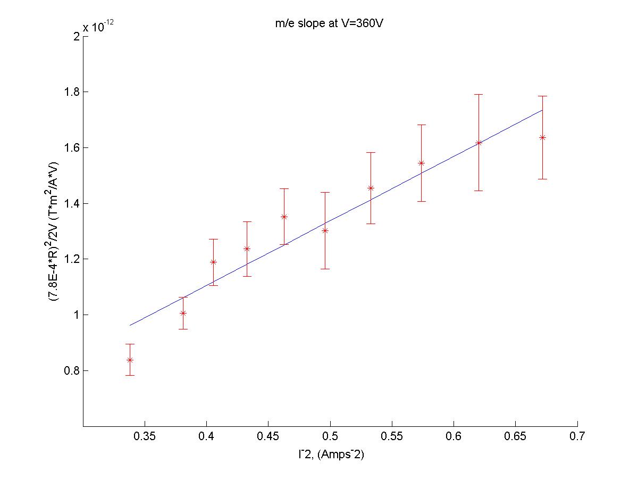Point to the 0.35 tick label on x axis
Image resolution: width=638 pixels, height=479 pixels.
[x=145, y=437]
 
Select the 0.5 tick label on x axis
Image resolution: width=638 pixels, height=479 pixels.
[x=330, y=437]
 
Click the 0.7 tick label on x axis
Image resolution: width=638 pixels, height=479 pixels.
[x=577, y=437]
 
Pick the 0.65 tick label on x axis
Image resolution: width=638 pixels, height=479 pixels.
[x=515, y=437]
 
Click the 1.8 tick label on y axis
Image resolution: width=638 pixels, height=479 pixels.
[x=70, y=92]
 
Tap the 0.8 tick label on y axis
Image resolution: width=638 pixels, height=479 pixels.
[x=70, y=371]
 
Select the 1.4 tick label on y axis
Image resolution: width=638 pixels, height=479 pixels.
[x=70, y=203]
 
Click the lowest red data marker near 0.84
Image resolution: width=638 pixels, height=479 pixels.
[x=130, y=360]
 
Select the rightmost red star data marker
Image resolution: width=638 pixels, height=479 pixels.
[x=542, y=137]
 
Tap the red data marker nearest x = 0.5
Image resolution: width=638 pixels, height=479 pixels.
[x=325, y=230]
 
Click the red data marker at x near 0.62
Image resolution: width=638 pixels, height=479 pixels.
[x=478, y=143]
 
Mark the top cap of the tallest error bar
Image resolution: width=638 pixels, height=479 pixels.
[x=478, y=94]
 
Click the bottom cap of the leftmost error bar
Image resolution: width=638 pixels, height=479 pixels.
[x=130, y=375]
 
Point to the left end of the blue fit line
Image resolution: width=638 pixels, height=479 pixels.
[x=130, y=325]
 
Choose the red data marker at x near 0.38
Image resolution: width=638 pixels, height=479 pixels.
[x=183, y=313]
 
